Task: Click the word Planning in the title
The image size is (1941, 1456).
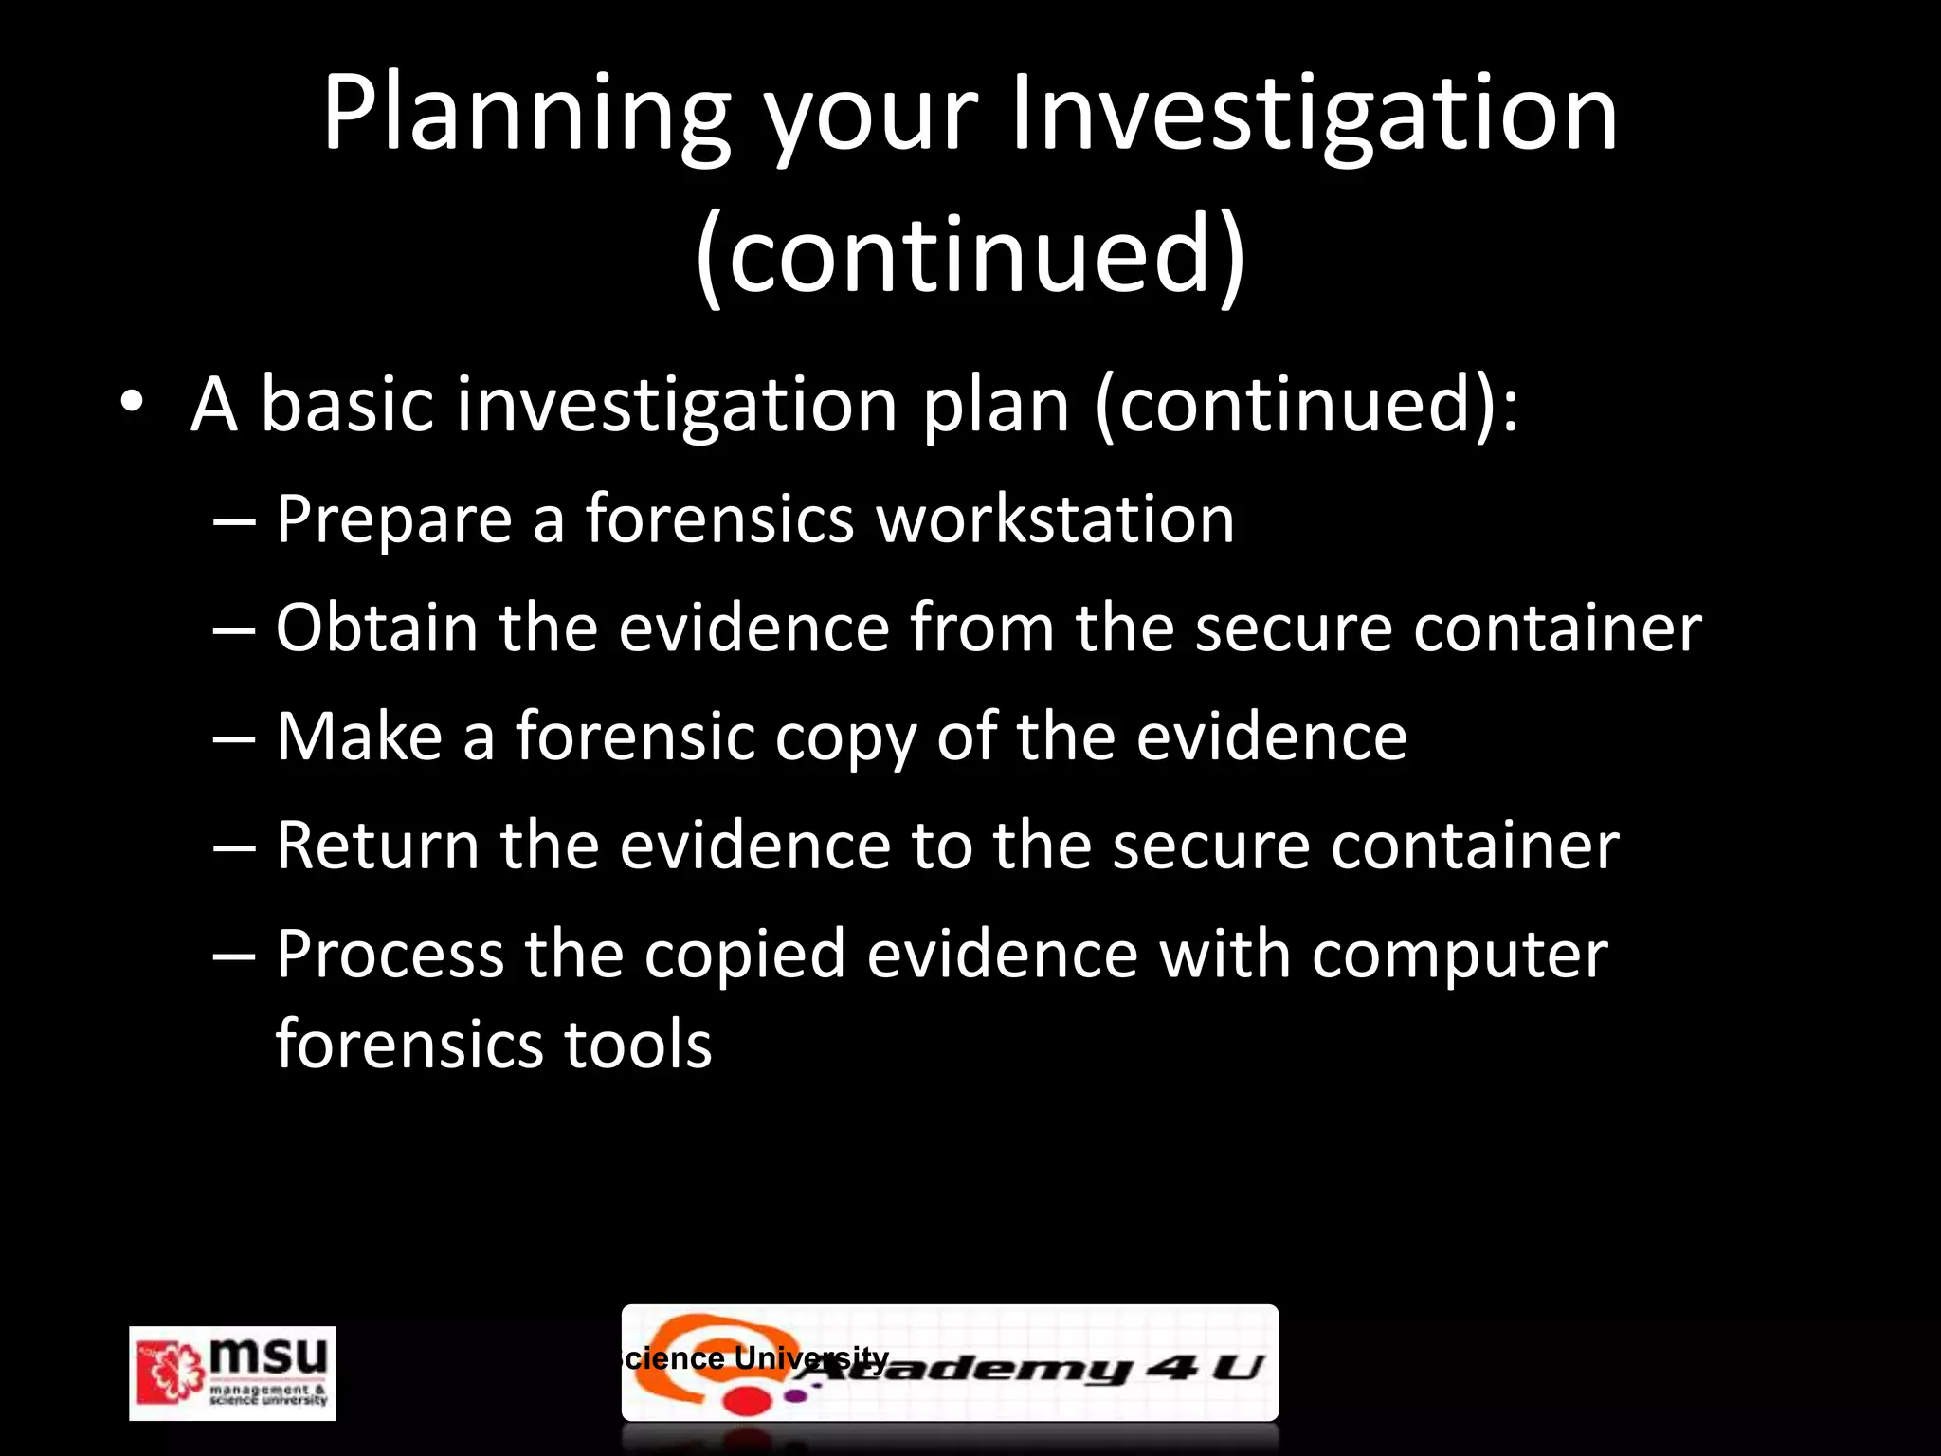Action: [x=527, y=116]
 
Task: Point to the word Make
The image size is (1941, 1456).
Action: [x=359, y=737]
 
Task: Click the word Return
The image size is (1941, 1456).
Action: [x=377, y=846]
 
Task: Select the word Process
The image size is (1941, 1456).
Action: [x=390, y=955]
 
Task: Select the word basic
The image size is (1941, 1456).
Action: [x=347, y=404]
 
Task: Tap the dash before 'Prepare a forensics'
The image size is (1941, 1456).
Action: [x=234, y=520]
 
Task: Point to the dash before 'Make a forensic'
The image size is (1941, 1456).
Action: [x=234, y=738]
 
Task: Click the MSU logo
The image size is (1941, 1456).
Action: [x=232, y=1373]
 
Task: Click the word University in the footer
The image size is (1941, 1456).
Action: [x=811, y=1357]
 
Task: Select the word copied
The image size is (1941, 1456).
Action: [x=745, y=955]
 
